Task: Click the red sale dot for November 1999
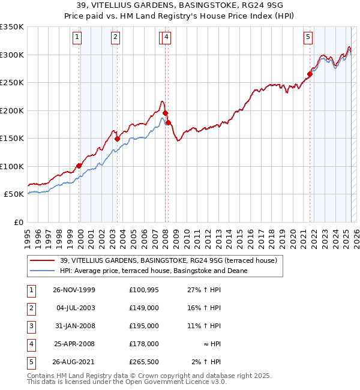pyautogui.click(x=79, y=166)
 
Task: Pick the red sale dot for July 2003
pyautogui.click(x=117, y=139)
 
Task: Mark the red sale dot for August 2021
pyautogui.click(x=310, y=74)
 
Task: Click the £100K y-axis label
pyautogui.click(x=12, y=166)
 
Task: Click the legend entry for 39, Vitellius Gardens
pyautogui.click(x=168, y=261)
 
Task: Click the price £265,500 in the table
pyautogui.click(x=143, y=362)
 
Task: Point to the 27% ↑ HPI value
pyautogui.click(x=203, y=290)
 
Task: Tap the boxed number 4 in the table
pyautogui.click(x=30, y=344)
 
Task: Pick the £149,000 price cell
pyautogui.click(x=143, y=308)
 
